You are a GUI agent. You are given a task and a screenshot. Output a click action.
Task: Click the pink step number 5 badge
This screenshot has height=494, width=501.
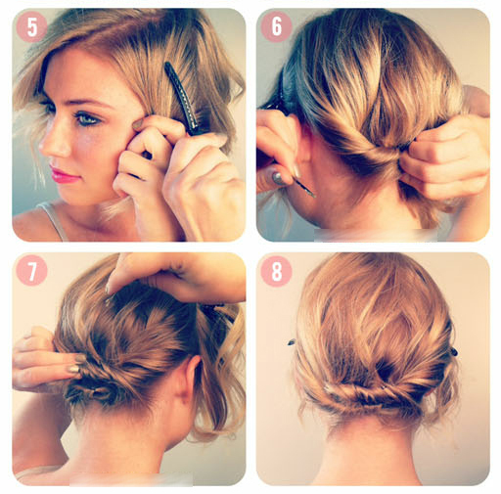click(31, 26)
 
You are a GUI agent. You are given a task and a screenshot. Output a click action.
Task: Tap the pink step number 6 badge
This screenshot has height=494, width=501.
click(276, 26)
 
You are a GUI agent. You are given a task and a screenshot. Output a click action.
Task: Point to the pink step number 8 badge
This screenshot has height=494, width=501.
click(276, 271)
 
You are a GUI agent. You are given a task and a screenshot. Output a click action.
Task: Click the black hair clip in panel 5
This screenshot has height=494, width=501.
click(183, 98)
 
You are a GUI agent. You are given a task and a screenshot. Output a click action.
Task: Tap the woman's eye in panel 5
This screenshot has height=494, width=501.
click(86, 118)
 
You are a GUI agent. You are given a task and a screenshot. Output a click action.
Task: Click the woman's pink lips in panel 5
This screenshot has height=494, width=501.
click(64, 175)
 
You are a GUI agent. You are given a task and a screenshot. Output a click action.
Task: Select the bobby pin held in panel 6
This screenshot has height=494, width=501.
click(304, 187)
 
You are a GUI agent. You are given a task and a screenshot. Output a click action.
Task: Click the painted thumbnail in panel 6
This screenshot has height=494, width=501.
click(279, 178)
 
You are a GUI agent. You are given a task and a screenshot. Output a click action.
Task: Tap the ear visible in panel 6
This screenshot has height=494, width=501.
click(300, 139)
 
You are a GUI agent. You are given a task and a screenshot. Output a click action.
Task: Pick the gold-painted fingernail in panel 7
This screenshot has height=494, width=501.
click(73, 369)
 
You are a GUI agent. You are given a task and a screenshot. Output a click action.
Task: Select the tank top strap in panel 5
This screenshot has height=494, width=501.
click(55, 219)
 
